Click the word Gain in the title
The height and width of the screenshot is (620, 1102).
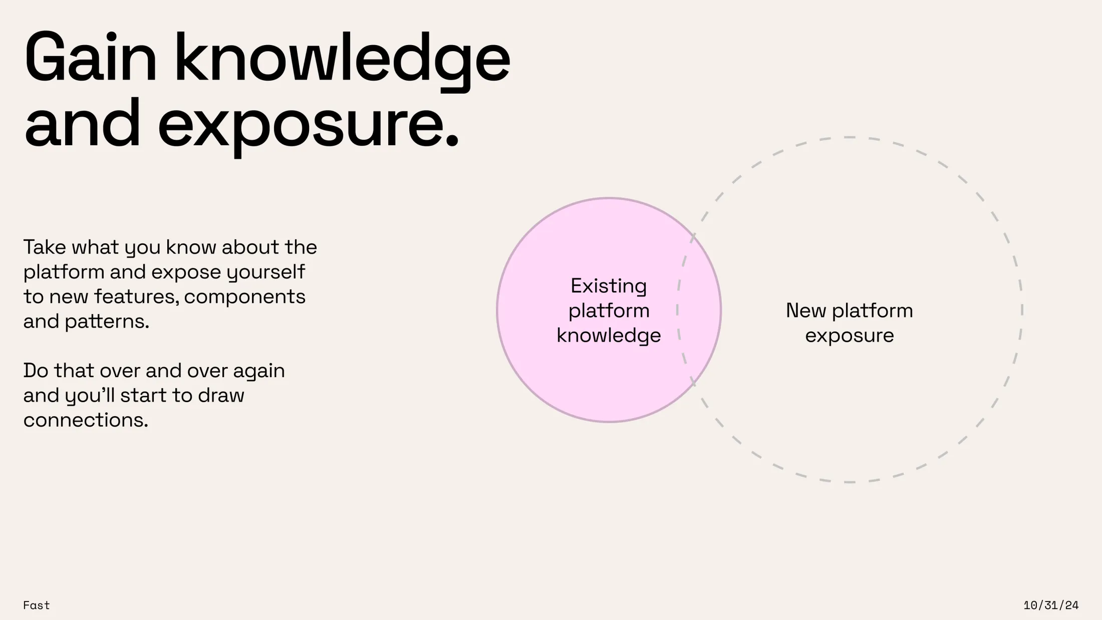click(x=91, y=58)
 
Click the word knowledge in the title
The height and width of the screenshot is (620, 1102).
click(x=342, y=61)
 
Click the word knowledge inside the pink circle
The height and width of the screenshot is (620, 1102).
click(x=609, y=336)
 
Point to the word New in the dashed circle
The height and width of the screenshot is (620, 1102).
click(x=806, y=311)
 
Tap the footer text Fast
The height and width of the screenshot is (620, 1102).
click(x=37, y=605)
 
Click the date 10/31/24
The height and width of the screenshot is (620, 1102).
click(x=1051, y=605)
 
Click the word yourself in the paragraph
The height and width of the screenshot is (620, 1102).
click(x=265, y=272)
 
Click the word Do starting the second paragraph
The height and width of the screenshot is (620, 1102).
click(x=36, y=371)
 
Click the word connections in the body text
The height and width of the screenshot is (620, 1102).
click(x=86, y=420)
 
